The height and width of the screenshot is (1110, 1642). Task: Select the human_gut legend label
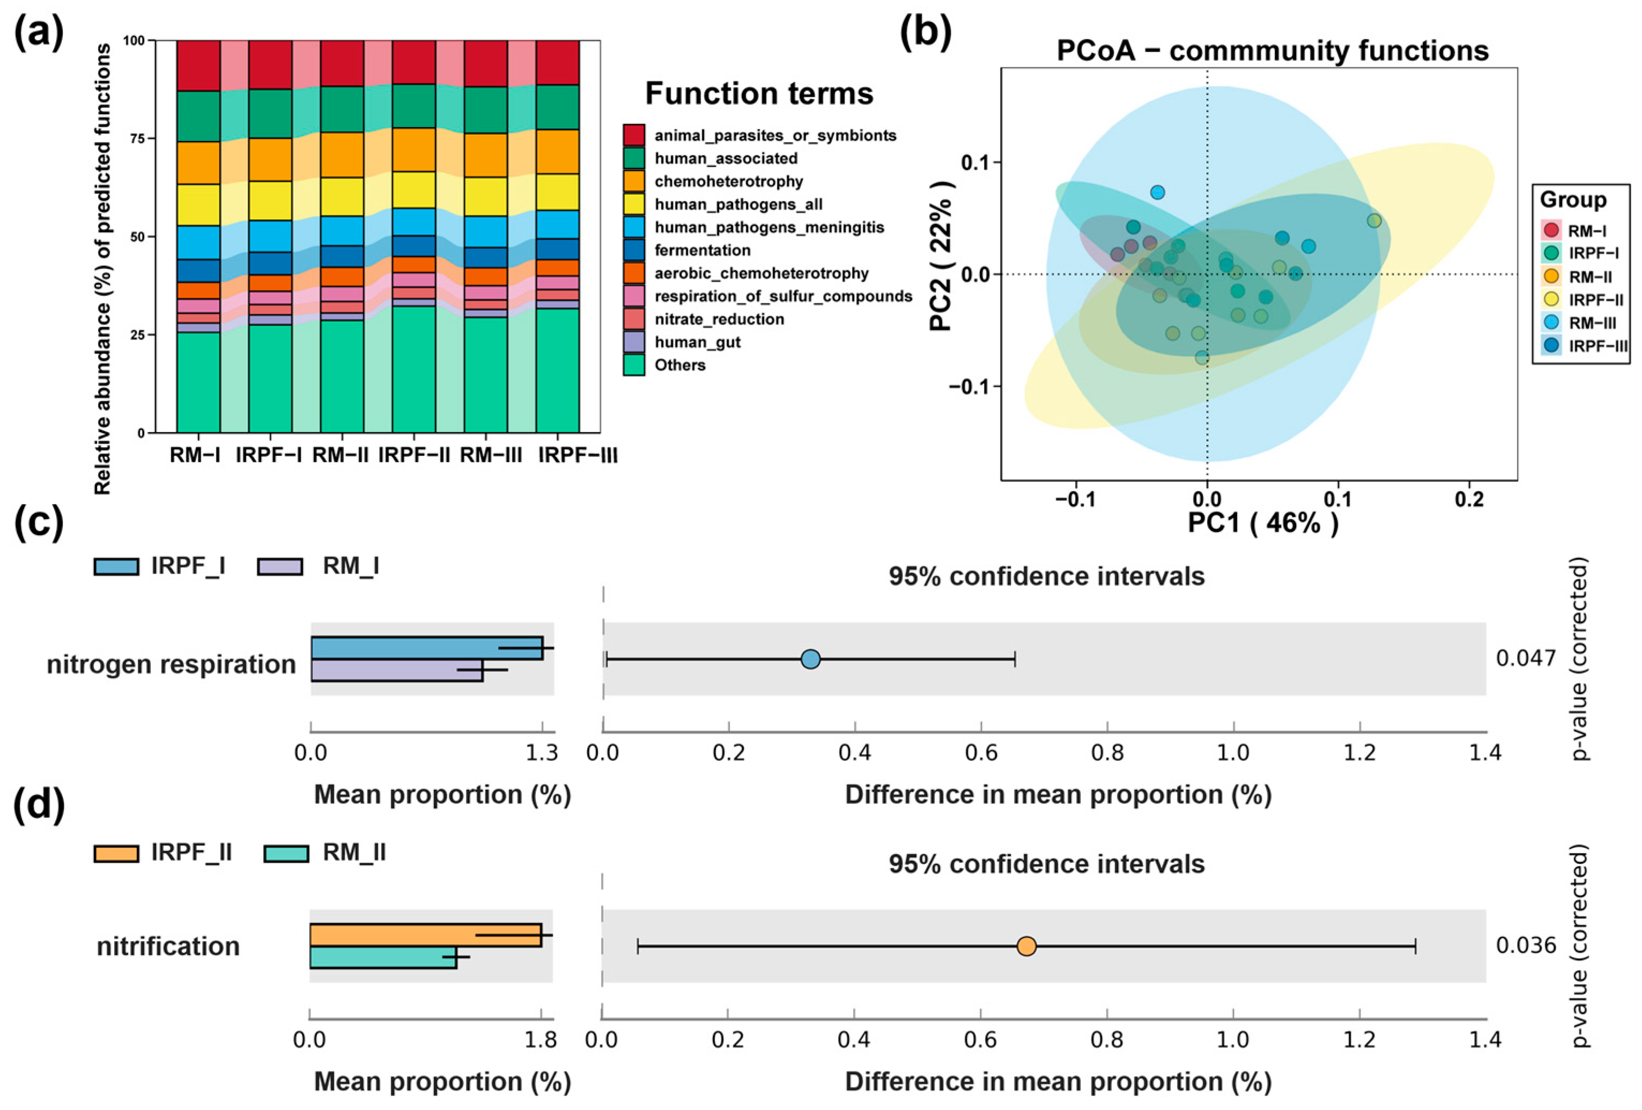tap(697, 343)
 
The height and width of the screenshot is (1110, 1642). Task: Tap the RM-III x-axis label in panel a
tap(490, 456)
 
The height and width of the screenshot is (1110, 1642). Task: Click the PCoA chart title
tap(1273, 51)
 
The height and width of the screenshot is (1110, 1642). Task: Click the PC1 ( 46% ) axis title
tap(1262, 523)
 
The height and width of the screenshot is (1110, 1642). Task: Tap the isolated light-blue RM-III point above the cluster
tap(1157, 192)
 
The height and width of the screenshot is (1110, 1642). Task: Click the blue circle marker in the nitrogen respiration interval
tap(810, 659)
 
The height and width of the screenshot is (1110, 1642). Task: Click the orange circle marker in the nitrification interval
tap(1026, 946)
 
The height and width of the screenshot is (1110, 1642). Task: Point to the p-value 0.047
tap(1526, 658)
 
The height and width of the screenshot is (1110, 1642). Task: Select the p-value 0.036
tap(1526, 945)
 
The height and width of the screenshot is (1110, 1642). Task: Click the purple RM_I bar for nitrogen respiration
tap(396, 670)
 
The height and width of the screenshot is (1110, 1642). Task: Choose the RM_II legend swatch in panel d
tap(286, 854)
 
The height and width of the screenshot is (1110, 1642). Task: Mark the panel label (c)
tap(39, 522)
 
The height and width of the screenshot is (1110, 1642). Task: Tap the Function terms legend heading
tap(759, 94)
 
